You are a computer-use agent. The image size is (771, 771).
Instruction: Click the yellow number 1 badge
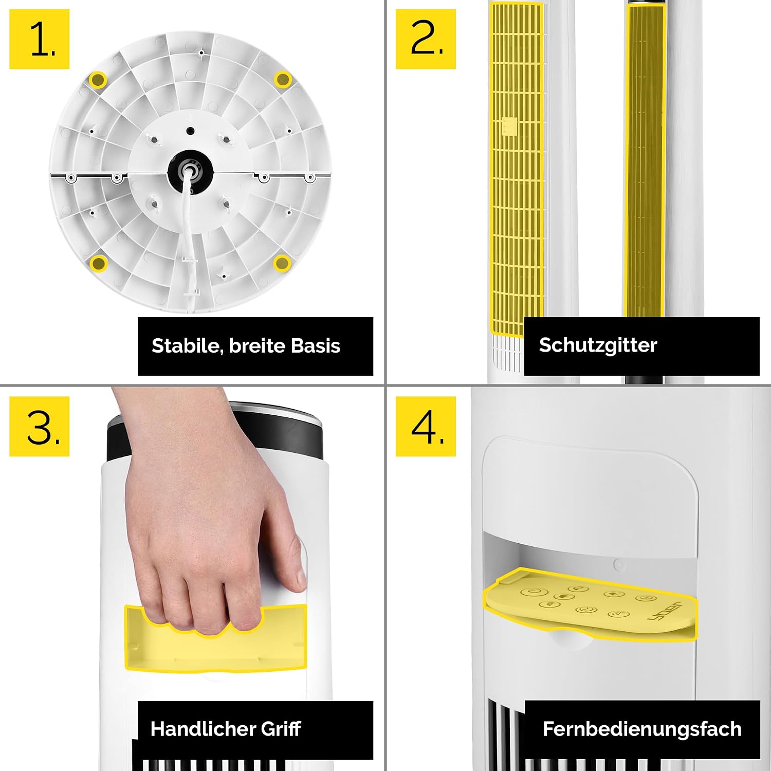point(40,39)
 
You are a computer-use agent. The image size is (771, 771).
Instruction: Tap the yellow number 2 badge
point(426,39)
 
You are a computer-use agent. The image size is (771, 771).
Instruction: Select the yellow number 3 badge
point(40,426)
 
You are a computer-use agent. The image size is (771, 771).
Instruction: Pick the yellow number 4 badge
point(426,426)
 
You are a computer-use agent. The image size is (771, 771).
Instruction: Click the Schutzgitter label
point(598,345)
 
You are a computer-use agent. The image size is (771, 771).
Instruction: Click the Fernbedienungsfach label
point(642,729)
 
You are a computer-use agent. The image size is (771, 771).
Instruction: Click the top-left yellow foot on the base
point(98,80)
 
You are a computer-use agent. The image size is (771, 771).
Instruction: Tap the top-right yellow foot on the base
point(282,80)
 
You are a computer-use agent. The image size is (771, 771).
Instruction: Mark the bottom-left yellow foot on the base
point(98,263)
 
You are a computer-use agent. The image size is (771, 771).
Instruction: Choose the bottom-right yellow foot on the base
point(282,263)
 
